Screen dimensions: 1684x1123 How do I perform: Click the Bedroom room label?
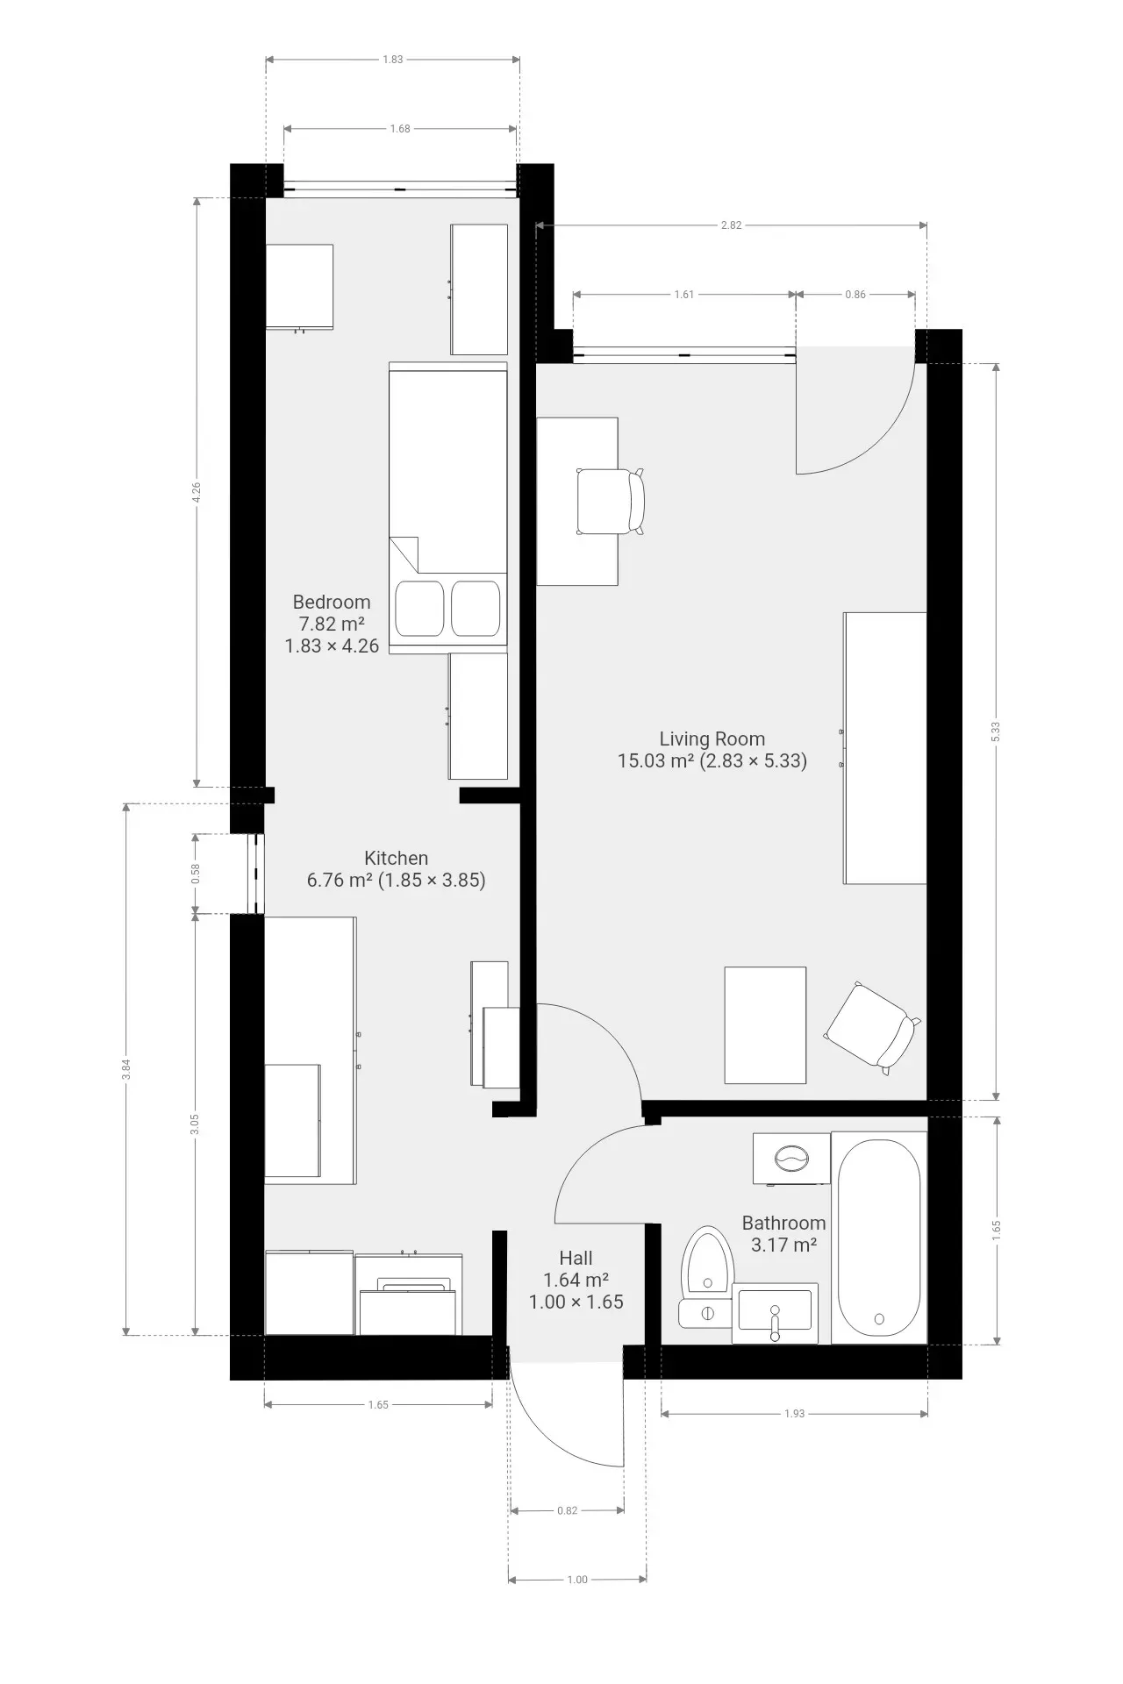pyautogui.click(x=332, y=603)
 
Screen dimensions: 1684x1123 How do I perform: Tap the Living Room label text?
pyautogui.click(x=712, y=739)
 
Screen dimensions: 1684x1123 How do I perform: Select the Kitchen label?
pyautogui.click(x=396, y=859)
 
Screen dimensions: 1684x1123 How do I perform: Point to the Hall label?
pyautogui.click(x=576, y=1259)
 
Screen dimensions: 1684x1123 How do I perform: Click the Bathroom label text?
pyautogui.click(x=783, y=1223)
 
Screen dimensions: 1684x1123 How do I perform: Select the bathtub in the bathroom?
pyautogui.click(x=879, y=1237)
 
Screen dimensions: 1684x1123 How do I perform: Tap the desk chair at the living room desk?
pyautogui.click(x=610, y=502)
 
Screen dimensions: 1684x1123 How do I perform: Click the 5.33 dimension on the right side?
pyautogui.click(x=995, y=731)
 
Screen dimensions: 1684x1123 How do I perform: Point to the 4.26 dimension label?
pyautogui.click(x=197, y=493)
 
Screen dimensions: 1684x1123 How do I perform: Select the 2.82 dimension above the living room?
pyautogui.click(x=731, y=225)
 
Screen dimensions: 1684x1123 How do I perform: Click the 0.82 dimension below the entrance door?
pyautogui.click(x=567, y=1510)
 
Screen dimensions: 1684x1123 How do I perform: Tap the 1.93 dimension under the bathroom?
pyautogui.click(x=794, y=1414)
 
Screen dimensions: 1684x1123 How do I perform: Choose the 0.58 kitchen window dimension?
pyautogui.click(x=196, y=874)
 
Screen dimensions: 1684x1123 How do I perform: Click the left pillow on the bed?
pyautogui.click(x=419, y=608)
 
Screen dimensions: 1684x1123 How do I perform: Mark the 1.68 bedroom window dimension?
pyautogui.click(x=400, y=129)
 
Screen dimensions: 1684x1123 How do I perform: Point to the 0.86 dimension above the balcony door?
pyautogui.click(x=855, y=295)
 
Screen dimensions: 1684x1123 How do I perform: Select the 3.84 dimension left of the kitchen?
pyautogui.click(x=126, y=1068)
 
